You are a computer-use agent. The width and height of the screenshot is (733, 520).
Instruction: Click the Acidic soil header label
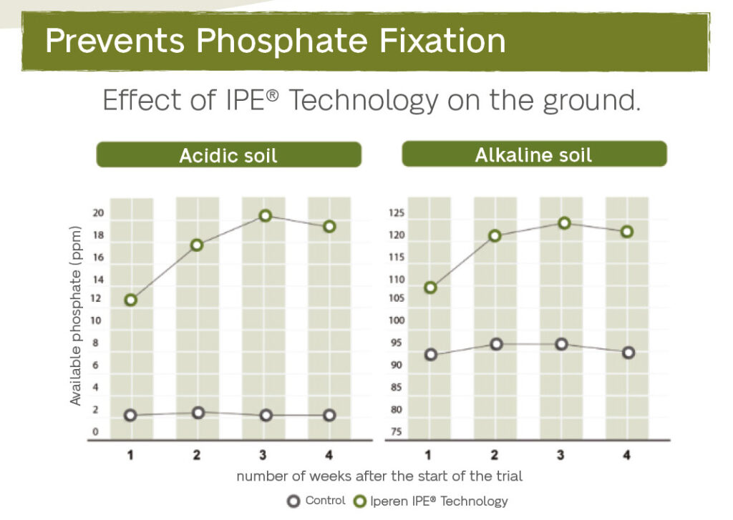(x=228, y=154)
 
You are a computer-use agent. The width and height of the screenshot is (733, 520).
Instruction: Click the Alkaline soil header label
(x=533, y=154)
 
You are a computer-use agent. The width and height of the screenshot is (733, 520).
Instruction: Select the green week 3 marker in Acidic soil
(x=265, y=215)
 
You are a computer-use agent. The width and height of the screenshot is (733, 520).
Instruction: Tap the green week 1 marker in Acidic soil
(x=130, y=300)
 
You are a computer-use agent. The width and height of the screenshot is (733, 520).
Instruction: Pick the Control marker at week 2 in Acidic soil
(x=198, y=413)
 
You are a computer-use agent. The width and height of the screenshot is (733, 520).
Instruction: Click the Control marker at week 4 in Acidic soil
(x=329, y=416)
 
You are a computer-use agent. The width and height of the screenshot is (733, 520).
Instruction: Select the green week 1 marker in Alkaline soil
(x=430, y=288)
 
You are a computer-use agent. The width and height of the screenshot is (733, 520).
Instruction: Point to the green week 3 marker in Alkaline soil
(x=564, y=223)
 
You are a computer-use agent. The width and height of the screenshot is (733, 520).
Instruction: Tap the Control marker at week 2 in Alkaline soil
(x=496, y=344)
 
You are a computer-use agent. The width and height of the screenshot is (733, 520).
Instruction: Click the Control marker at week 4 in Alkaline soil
(x=628, y=353)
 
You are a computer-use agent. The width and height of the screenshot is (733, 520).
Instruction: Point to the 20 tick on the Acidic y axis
(x=98, y=212)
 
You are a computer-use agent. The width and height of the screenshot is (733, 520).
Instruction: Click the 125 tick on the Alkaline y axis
(x=396, y=212)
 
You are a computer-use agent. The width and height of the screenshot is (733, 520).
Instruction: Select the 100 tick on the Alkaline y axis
(x=396, y=320)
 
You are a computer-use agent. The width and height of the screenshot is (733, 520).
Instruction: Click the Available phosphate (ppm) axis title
(x=76, y=316)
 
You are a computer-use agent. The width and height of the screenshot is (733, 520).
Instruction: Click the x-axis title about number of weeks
(x=379, y=476)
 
